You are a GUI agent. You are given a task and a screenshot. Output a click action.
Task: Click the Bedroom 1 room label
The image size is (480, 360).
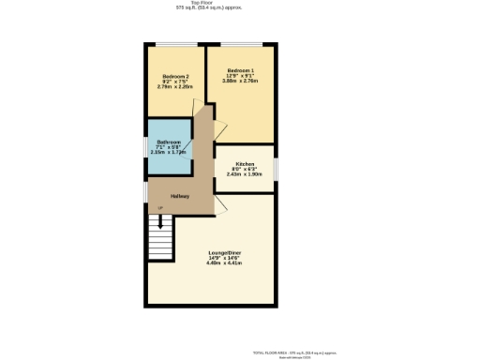click(x=241, y=70)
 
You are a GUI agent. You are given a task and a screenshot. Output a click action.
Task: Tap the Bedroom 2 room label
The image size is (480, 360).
click(x=176, y=76)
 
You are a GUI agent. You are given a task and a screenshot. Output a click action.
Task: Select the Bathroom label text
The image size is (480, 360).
click(x=169, y=142)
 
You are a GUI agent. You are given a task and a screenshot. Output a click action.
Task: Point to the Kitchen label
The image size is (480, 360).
click(x=246, y=163)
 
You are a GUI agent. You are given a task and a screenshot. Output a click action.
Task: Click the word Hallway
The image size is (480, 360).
click(x=180, y=196)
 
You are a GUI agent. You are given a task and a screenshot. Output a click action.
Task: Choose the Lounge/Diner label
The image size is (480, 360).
click(x=224, y=252)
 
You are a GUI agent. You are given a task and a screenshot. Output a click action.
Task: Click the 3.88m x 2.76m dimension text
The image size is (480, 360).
click(x=241, y=82)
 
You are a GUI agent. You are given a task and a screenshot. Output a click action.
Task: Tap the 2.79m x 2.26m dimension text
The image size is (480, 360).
click(x=176, y=87)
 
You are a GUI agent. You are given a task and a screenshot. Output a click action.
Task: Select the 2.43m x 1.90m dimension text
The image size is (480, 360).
click(x=246, y=174)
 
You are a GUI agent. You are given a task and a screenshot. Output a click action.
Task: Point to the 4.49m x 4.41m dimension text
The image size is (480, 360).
click(x=224, y=263)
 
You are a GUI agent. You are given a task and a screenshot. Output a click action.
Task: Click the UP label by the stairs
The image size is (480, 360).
click(x=159, y=207)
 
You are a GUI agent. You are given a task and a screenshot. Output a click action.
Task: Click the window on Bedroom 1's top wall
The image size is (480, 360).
click(x=241, y=43)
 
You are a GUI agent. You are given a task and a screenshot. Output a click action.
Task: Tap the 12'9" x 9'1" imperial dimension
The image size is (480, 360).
click(x=241, y=76)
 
